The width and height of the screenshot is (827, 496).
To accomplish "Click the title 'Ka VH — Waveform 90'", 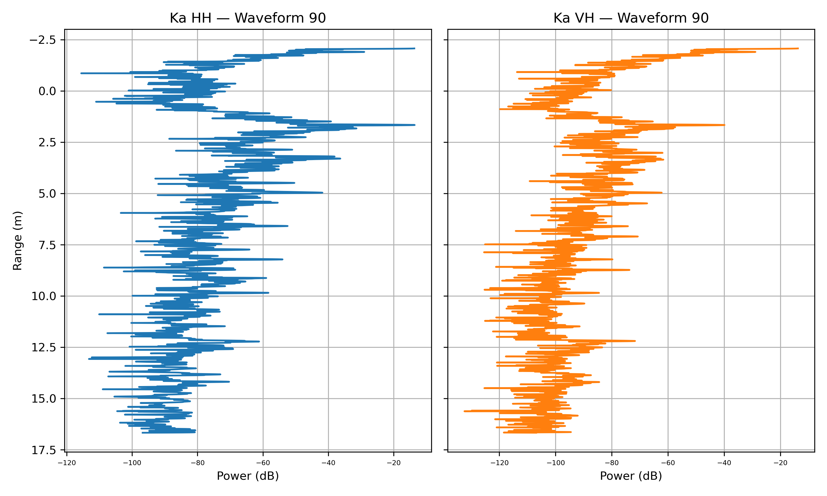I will pyautogui.click(x=631, y=18).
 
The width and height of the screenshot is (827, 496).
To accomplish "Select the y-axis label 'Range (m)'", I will pyautogui.click(x=17, y=240).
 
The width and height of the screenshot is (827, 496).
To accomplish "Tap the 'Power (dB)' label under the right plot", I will pyautogui.click(x=631, y=476).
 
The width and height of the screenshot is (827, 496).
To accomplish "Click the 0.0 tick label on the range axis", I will pyautogui.click(x=47, y=91).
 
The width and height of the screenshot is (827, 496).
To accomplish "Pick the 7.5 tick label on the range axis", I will pyautogui.click(x=47, y=245).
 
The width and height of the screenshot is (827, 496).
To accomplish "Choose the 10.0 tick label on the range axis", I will pyautogui.click(x=44, y=296).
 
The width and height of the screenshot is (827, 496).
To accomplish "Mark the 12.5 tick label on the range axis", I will pyautogui.click(x=44, y=347).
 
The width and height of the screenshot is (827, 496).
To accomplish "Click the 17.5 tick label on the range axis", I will pyautogui.click(x=44, y=450).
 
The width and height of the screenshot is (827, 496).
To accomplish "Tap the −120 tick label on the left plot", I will pyautogui.click(x=67, y=463).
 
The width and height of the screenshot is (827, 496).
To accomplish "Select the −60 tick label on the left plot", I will pyautogui.click(x=263, y=463).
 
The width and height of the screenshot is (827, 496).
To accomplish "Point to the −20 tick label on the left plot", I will pyautogui.click(x=393, y=463).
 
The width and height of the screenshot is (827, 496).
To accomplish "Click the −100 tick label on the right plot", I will pyautogui.click(x=555, y=463).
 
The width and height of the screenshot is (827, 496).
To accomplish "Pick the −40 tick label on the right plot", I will pyautogui.click(x=724, y=463).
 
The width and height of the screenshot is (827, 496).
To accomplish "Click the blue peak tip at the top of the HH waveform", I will pyautogui.click(x=415, y=48).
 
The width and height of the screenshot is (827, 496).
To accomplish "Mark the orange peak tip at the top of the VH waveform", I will pyautogui.click(x=798, y=48).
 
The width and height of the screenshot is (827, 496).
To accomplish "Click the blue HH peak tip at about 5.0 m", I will pyautogui.click(x=322, y=193).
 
